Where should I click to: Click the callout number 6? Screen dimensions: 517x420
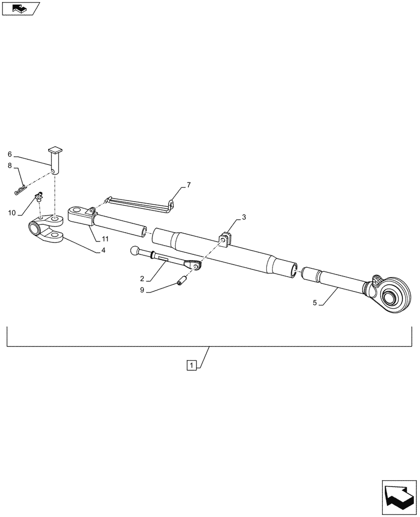pyautogui.click(x=9, y=154)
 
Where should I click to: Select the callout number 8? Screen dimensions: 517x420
pyautogui.click(x=9, y=166)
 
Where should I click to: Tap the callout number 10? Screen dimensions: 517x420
pyautogui.click(x=11, y=213)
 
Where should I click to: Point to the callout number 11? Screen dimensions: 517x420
pyautogui.click(x=104, y=238)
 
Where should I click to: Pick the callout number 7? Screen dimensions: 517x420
pyautogui.click(x=189, y=185)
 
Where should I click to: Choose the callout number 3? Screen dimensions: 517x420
pyautogui.click(x=244, y=218)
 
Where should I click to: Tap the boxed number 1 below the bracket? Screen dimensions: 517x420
pyautogui.click(x=191, y=366)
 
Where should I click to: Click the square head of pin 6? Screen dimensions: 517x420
pyautogui.click(x=54, y=150)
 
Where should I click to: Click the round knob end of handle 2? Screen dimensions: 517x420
pyautogui.click(x=135, y=251)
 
